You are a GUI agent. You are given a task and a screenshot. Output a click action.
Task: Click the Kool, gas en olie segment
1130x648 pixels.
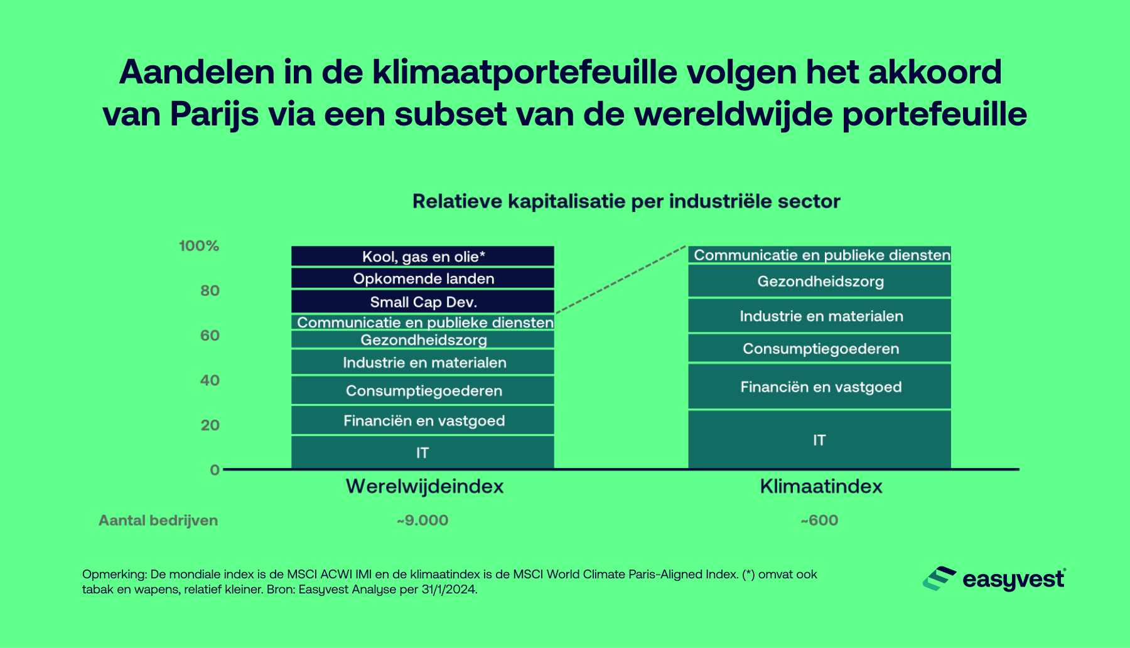tap(422, 257)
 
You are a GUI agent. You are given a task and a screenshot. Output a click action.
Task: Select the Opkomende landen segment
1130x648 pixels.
tap(422, 279)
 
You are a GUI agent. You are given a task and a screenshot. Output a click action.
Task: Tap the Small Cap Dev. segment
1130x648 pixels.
tap(422, 302)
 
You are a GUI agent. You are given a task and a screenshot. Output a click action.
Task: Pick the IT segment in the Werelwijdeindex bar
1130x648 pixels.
tap(422, 452)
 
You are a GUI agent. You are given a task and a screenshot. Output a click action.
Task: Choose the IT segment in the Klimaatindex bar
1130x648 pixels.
tap(819, 440)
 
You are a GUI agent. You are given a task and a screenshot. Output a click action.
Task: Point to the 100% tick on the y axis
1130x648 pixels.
tap(199, 246)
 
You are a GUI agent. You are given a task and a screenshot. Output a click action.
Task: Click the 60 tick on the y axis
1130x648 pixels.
tap(210, 336)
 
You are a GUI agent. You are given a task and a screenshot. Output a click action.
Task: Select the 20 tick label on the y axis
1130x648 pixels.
tap(210, 425)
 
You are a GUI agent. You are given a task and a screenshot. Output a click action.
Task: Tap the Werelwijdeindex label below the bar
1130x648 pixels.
tap(424, 487)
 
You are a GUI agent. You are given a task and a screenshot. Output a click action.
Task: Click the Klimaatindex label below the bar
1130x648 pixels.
tap(821, 487)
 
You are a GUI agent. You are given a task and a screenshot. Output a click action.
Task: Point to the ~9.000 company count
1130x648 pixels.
tap(422, 521)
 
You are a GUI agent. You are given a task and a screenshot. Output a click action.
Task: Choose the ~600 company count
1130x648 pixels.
tap(819, 521)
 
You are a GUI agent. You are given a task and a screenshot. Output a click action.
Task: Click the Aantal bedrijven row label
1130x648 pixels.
tap(158, 521)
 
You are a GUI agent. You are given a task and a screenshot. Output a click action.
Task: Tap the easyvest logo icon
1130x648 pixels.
tap(939, 578)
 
